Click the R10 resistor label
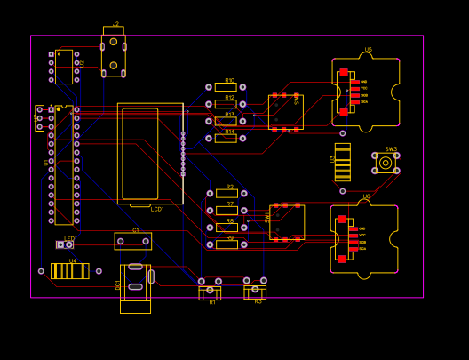click(x=229, y=80)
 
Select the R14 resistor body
click(x=226, y=139)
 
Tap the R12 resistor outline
click(x=226, y=104)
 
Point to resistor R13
click(x=226, y=122)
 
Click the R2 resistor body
click(x=227, y=194)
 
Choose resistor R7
click(x=227, y=211)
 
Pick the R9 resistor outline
click(x=227, y=244)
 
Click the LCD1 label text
click(x=157, y=209)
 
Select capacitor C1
click(x=133, y=241)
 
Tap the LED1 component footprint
click(x=65, y=244)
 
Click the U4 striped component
click(x=70, y=271)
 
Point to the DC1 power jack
click(x=135, y=287)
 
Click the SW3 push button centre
click(x=386, y=163)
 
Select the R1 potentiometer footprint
click(x=210, y=291)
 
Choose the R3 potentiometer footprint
click(x=255, y=290)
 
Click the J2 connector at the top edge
click(x=114, y=54)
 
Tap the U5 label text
click(x=368, y=50)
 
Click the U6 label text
click(x=366, y=196)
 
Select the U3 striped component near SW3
click(x=342, y=162)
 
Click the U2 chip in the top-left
click(x=64, y=67)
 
